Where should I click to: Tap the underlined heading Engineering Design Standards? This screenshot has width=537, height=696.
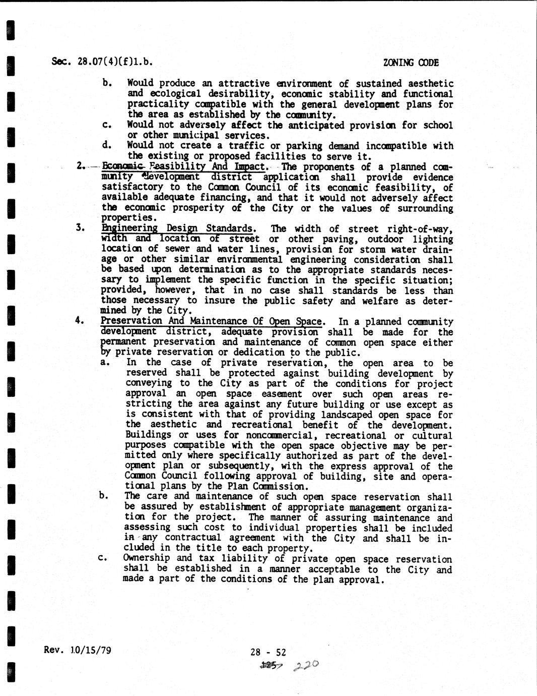point(177,228)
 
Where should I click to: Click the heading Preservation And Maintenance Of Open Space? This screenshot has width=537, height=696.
point(212,321)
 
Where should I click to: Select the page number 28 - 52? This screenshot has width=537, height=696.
point(268,652)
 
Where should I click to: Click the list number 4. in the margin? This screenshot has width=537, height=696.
point(79,320)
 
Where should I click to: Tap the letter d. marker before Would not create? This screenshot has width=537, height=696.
point(106,145)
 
